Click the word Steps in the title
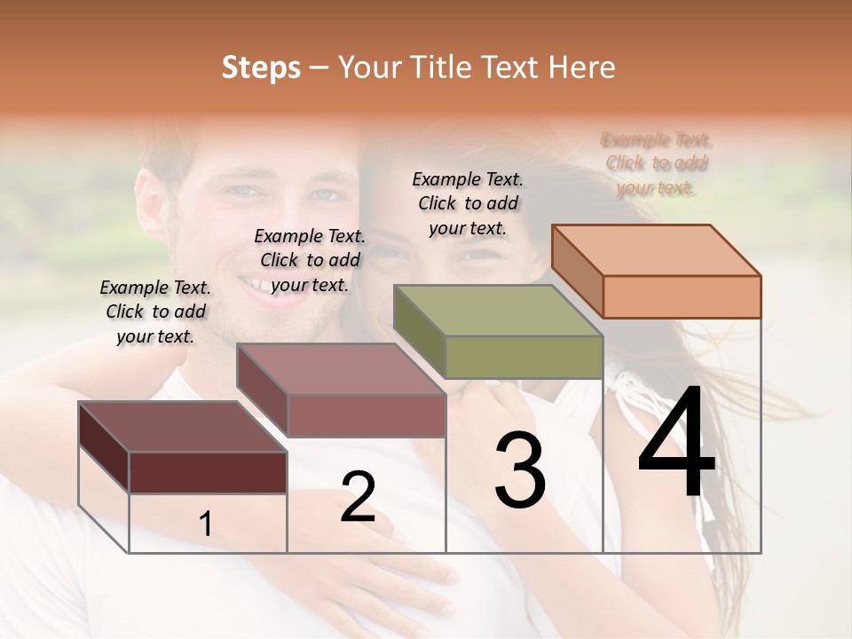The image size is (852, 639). pyautogui.click(x=261, y=67)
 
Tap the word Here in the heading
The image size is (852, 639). pyautogui.click(x=582, y=67)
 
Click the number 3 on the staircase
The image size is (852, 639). pyautogui.click(x=520, y=470)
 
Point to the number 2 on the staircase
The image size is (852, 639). pyautogui.click(x=358, y=497)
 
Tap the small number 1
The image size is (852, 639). pyautogui.click(x=205, y=525)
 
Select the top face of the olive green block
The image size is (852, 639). pyautogui.click(x=498, y=310)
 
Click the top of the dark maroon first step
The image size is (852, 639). pyautogui.click(x=182, y=426)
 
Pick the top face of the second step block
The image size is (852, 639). pyautogui.click(x=340, y=368)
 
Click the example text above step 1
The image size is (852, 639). pyautogui.click(x=155, y=312)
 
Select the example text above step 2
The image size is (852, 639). pyautogui.click(x=310, y=260)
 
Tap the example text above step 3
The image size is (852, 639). pyautogui.click(x=468, y=203)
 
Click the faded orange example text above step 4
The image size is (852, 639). pyautogui.click(x=657, y=163)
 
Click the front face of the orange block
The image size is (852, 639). pyautogui.click(x=682, y=296)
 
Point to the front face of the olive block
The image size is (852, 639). pyautogui.click(x=524, y=357)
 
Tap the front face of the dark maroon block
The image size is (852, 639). pyautogui.click(x=208, y=472)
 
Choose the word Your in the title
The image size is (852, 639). pyautogui.click(x=369, y=67)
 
